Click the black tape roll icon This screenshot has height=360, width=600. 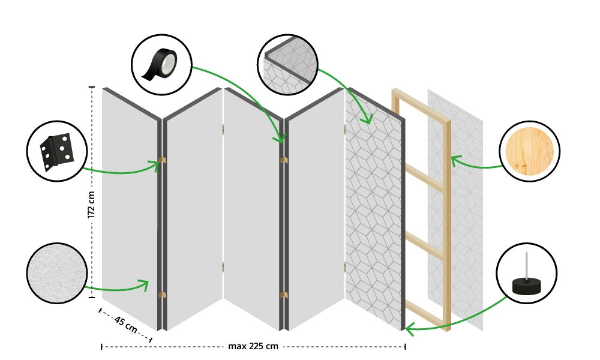(x=161, y=64)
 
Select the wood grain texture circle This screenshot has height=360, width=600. (x=529, y=151)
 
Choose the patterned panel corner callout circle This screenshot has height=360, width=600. (x=287, y=64)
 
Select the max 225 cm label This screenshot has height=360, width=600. (x=253, y=346)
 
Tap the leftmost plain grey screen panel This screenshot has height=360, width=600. (x=129, y=204)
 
